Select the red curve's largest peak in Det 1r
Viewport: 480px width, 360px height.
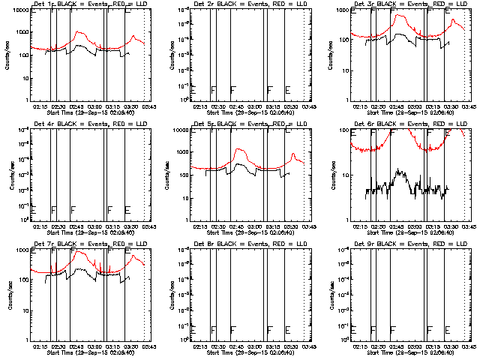[x=79, y=32]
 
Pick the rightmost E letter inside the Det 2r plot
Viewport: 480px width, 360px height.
[x=287, y=90]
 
